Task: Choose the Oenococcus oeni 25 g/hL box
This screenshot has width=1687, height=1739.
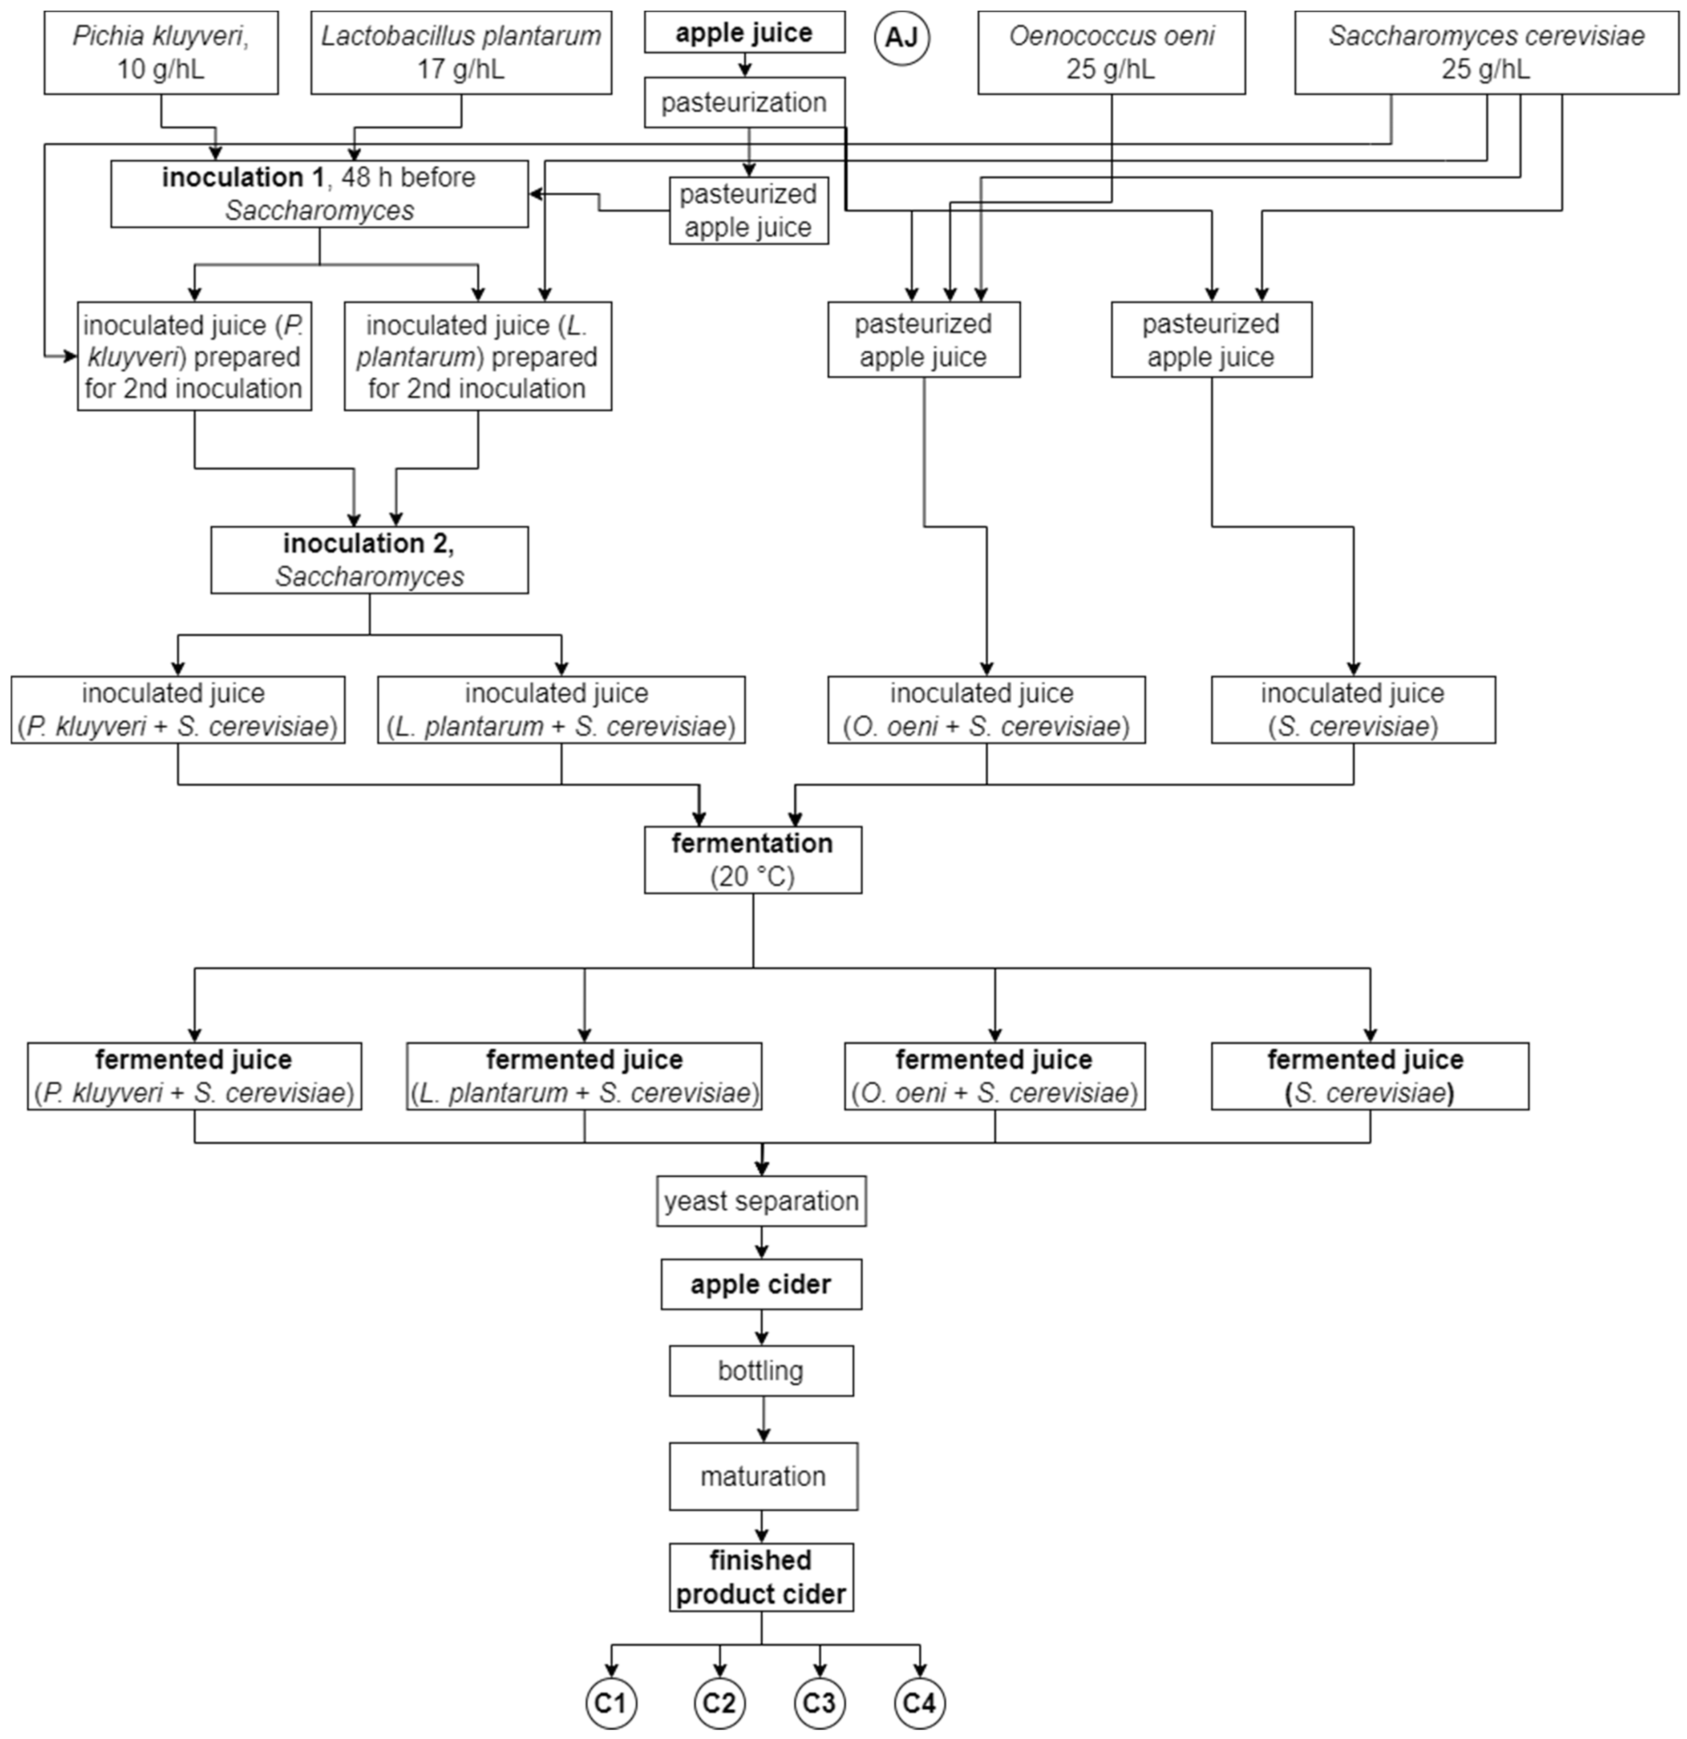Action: pyautogui.click(x=1111, y=53)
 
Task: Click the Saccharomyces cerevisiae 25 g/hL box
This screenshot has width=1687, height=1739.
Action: pyautogui.click(x=1487, y=53)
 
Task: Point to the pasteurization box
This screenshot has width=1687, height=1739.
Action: pyautogui.click(x=744, y=103)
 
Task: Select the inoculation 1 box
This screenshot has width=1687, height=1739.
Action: pyautogui.click(x=320, y=193)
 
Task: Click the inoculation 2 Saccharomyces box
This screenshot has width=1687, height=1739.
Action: pyautogui.click(x=369, y=560)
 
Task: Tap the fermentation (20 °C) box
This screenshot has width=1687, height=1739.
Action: pyautogui.click(x=753, y=860)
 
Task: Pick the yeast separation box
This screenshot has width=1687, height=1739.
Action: pyautogui.click(x=761, y=1201)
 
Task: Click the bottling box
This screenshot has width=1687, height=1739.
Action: pyautogui.click(x=761, y=1371)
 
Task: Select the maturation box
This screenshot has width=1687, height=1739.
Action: pyautogui.click(x=763, y=1476)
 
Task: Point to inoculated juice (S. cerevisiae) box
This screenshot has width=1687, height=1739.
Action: pyautogui.click(x=1353, y=710)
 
